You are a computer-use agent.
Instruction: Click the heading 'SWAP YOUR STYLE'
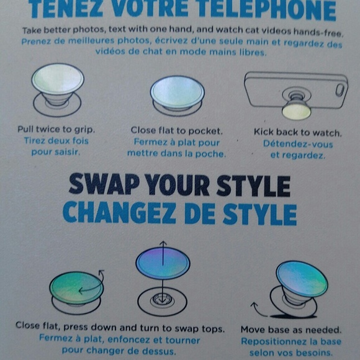pyautogui.click(x=179, y=186)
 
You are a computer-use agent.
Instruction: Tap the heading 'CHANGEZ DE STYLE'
pyautogui.click(x=179, y=213)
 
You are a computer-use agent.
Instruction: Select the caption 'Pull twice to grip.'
pyautogui.click(x=56, y=130)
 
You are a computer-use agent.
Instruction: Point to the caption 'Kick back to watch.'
pyautogui.click(x=297, y=132)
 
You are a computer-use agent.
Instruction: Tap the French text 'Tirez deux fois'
pyautogui.click(x=56, y=141)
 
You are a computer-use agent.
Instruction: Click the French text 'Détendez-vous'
pyautogui.click(x=297, y=144)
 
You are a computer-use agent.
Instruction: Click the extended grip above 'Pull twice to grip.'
pyautogui.click(x=57, y=79)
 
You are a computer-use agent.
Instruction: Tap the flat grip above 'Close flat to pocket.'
pyautogui.click(x=177, y=89)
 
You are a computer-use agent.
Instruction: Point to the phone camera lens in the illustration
pyautogui.click(x=339, y=89)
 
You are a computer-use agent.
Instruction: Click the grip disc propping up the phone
pyautogui.click(x=296, y=110)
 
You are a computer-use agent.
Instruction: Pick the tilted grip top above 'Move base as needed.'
pyautogui.click(x=302, y=279)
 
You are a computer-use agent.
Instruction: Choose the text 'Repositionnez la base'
pyautogui.click(x=290, y=341)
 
